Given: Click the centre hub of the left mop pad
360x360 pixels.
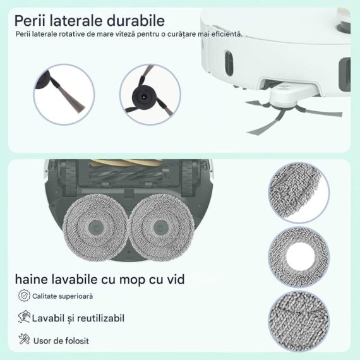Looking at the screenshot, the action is (96, 227).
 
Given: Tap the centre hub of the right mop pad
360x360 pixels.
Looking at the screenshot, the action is (160, 227).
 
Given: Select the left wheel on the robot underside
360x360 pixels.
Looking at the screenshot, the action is (70, 177).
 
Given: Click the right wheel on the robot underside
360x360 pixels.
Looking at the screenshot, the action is (188, 177).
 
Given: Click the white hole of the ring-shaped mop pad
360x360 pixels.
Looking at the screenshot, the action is (300, 256).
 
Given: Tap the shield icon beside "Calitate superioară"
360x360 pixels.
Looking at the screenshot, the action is (24, 296).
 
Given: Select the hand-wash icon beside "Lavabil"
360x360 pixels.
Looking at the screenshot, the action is (24, 317).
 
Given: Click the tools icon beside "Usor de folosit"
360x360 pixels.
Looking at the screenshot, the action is (24, 339).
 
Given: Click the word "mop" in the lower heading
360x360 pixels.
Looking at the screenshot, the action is (133, 280).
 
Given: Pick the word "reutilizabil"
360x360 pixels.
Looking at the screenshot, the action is (100, 318).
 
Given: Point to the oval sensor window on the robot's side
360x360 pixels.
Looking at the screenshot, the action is (229, 63).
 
